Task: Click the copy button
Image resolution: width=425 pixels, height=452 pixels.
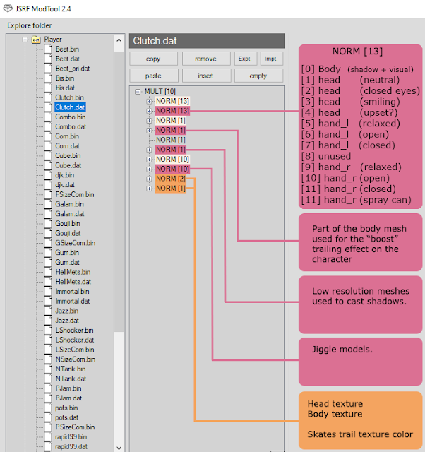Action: (x=152, y=59)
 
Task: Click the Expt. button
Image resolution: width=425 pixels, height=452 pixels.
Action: (x=245, y=59)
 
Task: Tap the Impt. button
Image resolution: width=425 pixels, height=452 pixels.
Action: (x=271, y=59)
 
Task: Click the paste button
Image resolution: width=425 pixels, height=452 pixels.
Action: (x=152, y=76)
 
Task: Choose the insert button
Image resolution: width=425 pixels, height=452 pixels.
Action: (x=205, y=76)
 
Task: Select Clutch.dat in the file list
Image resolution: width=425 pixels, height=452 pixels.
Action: (x=70, y=107)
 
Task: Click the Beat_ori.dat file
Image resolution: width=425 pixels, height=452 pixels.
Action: (x=72, y=69)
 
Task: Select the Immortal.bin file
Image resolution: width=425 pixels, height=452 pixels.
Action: (x=72, y=291)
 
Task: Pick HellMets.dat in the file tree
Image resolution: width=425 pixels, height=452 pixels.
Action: (x=73, y=282)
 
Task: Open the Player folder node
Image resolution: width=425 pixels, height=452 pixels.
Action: (x=53, y=40)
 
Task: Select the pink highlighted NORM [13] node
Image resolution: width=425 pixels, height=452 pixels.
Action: (x=172, y=111)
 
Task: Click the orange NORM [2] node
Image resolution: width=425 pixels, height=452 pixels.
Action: (x=170, y=179)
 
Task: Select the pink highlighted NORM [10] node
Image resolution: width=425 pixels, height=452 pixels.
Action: (x=172, y=169)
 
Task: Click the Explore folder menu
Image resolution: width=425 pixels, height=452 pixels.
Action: (x=29, y=25)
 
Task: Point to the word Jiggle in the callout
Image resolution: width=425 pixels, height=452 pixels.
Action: (x=326, y=349)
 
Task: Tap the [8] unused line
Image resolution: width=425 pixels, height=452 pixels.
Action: (x=325, y=156)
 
